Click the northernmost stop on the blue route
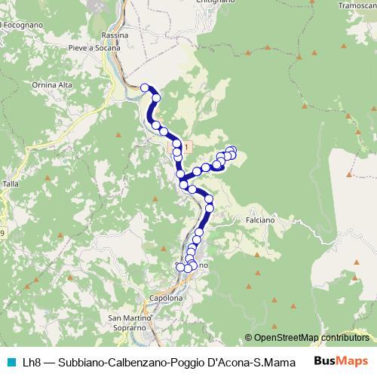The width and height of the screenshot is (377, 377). click(x=144, y=87)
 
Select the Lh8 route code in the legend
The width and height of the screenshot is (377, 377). click(x=32, y=362)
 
